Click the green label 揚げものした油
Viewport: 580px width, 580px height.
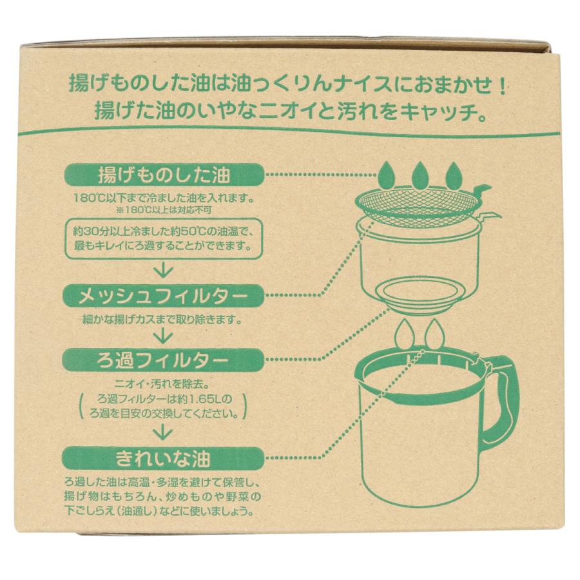tap(164, 175)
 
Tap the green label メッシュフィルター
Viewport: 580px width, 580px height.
tap(164, 297)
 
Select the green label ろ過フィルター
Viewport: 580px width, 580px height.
tap(164, 358)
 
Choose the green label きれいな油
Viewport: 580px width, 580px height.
tap(164, 458)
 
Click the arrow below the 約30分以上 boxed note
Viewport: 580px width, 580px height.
tap(164, 269)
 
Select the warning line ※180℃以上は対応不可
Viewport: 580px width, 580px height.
tap(164, 209)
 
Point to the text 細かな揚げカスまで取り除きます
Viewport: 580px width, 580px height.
tap(164, 319)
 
